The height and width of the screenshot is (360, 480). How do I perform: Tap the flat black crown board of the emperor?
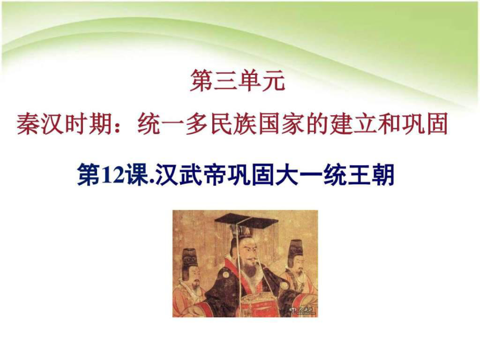[x=238, y=219]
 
